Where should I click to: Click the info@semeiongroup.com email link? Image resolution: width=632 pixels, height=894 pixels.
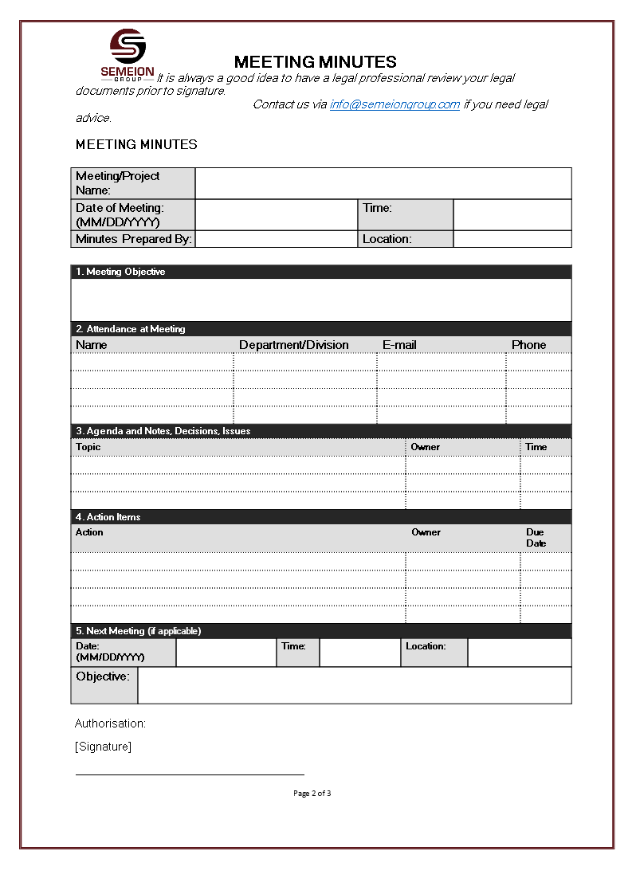pyautogui.click(x=395, y=104)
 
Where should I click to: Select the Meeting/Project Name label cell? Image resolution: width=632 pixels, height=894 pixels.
pyautogui.click(x=132, y=183)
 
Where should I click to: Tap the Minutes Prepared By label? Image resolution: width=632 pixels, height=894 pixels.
pyautogui.click(x=133, y=239)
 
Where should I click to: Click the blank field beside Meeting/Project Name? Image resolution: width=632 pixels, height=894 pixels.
pyautogui.click(x=383, y=183)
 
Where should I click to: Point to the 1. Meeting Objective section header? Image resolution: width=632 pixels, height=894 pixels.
pyautogui.click(x=120, y=272)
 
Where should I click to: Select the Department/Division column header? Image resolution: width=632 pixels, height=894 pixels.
pyautogui.click(x=293, y=345)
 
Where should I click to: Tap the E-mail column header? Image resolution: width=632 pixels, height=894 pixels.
pyautogui.click(x=399, y=345)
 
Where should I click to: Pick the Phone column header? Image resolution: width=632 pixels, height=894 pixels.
pyautogui.click(x=528, y=345)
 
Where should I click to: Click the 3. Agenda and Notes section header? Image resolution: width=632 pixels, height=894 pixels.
pyautogui.click(x=163, y=431)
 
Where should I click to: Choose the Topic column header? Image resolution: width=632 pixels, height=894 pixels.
pyautogui.click(x=88, y=447)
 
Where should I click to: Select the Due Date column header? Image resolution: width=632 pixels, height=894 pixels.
pyautogui.click(x=536, y=538)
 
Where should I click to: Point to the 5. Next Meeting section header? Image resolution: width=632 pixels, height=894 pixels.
pyautogui.click(x=138, y=631)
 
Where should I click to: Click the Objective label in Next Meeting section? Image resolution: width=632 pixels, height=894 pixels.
pyautogui.click(x=103, y=676)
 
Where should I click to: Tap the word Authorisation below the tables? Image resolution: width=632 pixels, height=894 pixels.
pyautogui.click(x=110, y=723)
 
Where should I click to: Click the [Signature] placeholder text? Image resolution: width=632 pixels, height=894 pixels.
pyautogui.click(x=103, y=747)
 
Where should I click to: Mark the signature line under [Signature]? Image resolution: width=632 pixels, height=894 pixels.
pyautogui.click(x=190, y=774)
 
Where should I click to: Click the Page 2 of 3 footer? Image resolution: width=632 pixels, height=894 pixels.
pyautogui.click(x=312, y=793)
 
